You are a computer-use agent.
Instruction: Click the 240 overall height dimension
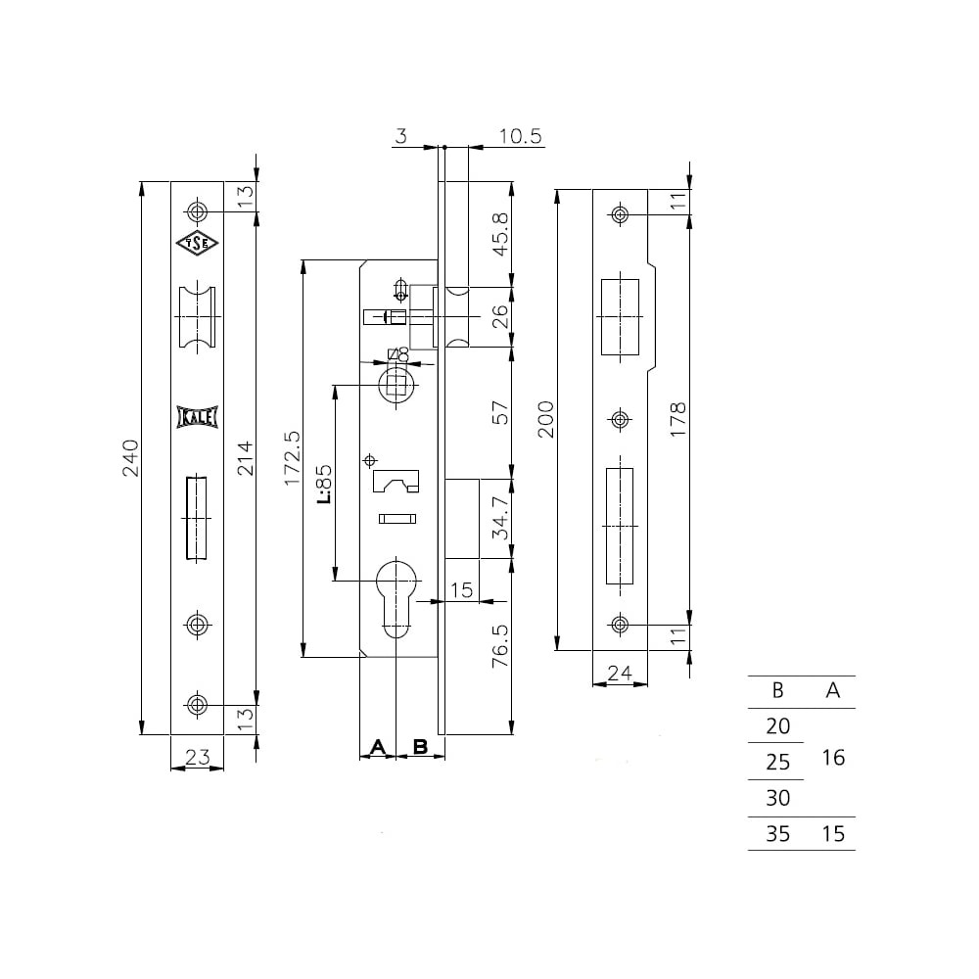[130, 458]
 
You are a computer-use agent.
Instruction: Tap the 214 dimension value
[246, 458]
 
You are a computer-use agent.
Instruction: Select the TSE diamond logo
[198, 244]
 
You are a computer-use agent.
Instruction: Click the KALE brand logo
[198, 417]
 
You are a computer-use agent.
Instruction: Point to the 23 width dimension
[198, 757]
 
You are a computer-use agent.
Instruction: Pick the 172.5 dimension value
[292, 458]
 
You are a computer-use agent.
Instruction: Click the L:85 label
[324, 485]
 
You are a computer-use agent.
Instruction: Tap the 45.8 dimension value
[500, 234]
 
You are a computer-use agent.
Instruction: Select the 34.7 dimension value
[500, 518]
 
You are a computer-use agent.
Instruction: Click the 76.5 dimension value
[500, 646]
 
